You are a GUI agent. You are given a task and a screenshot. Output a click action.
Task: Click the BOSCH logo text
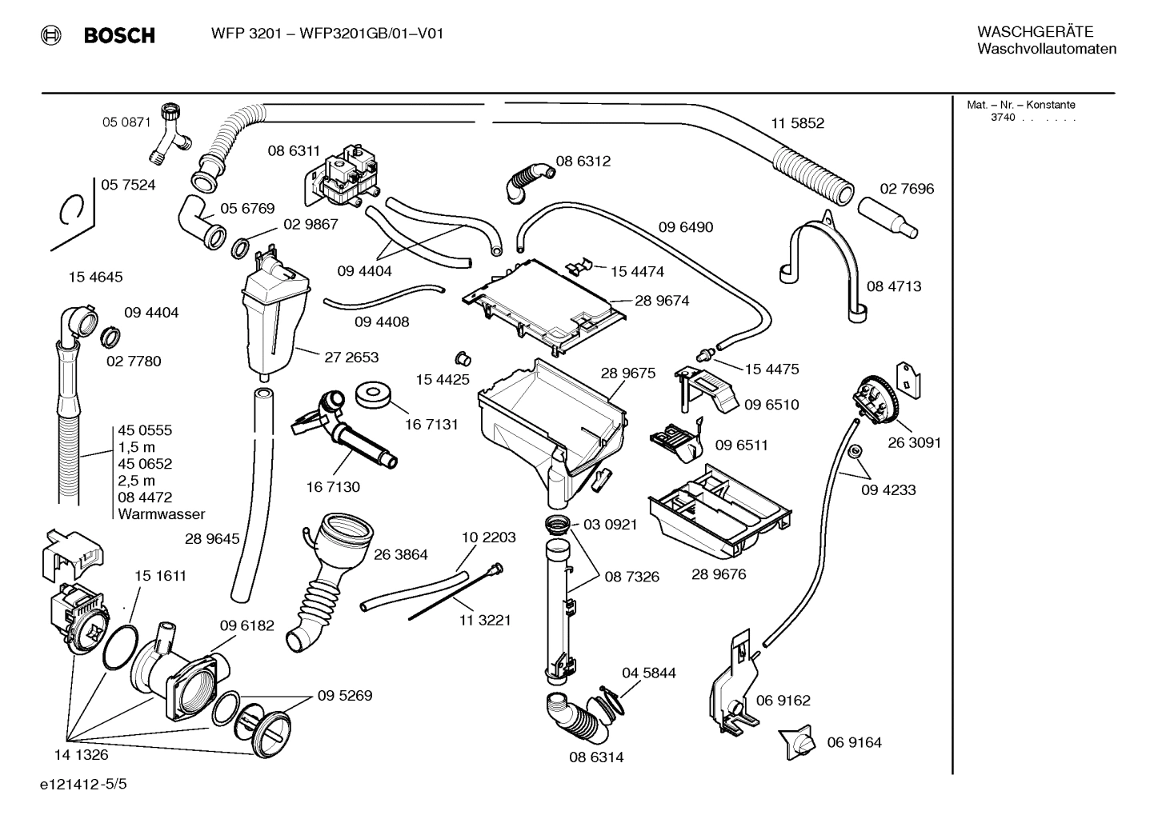point(118,35)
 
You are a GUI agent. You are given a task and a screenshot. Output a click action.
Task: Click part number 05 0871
point(126,122)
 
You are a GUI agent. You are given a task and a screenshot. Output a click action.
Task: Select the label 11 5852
point(797,123)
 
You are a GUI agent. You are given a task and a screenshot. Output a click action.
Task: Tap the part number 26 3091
point(914,442)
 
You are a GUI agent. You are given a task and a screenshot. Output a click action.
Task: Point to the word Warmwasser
point(161,514)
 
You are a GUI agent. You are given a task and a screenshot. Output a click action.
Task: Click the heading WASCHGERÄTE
point(1035,32)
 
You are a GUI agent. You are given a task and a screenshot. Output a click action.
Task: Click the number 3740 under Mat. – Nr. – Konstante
point(1002,118)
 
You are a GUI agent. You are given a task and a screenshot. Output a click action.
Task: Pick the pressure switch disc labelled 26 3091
point(873,399)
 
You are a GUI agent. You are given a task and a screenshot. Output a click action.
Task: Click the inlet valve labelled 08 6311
point(346,177)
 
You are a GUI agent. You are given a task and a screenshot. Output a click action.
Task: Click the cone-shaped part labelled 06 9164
point(798,743)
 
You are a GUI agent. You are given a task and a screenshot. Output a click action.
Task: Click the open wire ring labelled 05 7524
point(72,211)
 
